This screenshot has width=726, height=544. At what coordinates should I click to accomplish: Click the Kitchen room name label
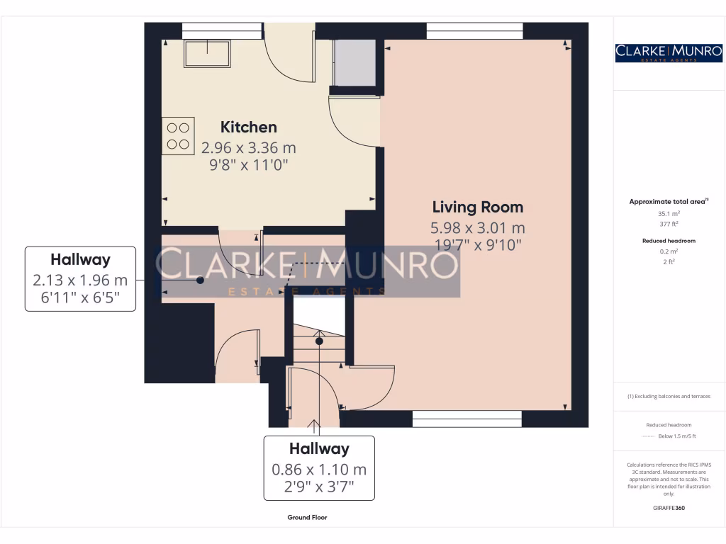pyautogui.click(x=248, y=127)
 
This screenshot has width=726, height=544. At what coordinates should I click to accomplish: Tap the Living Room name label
pyautogui.click(x=478, y=207)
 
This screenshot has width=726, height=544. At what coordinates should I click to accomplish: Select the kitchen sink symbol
pyautogui.click(x=208, y=54)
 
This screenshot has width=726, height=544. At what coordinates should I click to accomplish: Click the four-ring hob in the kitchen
pyautogui.click(x=178, y=136)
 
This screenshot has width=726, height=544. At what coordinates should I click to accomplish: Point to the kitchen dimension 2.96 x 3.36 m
pyautogui.click(x=248, y=148)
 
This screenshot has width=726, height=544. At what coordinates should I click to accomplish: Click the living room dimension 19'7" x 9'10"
pyautogui.click(x=478, y=245)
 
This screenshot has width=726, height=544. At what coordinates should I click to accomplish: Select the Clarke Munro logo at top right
pyautogui.click(x=669, y=52)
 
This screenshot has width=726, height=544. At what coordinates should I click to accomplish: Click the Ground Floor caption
pyautogui.click(x=307, y=518)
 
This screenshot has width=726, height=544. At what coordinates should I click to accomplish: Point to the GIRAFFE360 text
pyautogui.click(x=669, y=508)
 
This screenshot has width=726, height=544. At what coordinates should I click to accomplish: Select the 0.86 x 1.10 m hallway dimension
pyautogui.click(x=319, y=469)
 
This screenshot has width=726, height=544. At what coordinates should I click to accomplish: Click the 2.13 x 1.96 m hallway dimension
pyautogui.click(x=80, y=280)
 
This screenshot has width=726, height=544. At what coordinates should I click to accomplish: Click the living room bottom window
pyautogui.click(x=467, y=419)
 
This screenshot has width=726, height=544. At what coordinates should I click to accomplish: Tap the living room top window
pyautogui.click(x=474, y=30)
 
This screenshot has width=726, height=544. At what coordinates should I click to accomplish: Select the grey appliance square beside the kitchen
pyautogui.click(x=354, y=62)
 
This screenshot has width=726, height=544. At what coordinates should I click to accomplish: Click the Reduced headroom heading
pyautogui.click(x=669, y=241)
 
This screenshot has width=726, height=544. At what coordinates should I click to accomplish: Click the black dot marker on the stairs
pyautogui.click(x=319, y=341)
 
